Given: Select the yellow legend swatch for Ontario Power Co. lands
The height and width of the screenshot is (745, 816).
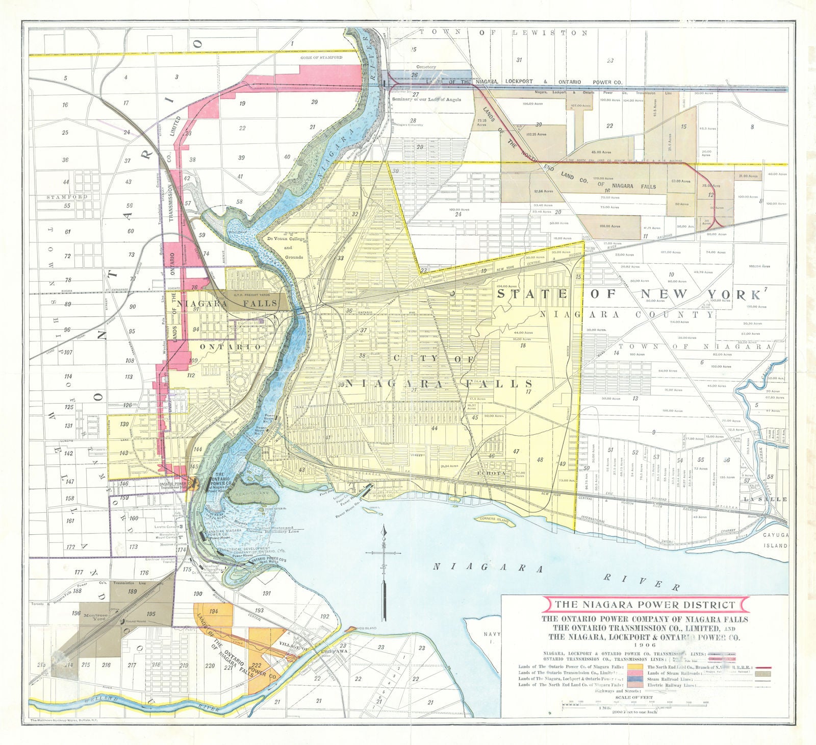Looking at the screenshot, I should (635, 666).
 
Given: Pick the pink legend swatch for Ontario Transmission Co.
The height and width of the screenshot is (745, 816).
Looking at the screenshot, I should (635, 673).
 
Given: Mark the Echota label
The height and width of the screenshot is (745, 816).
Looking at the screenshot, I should (491, 473).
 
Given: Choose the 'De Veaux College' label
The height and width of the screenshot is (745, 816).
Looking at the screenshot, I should (282, 238).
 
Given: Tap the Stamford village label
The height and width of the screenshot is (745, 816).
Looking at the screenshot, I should (67, 196).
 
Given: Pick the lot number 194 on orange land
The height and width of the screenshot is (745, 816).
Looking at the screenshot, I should (214, 611).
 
